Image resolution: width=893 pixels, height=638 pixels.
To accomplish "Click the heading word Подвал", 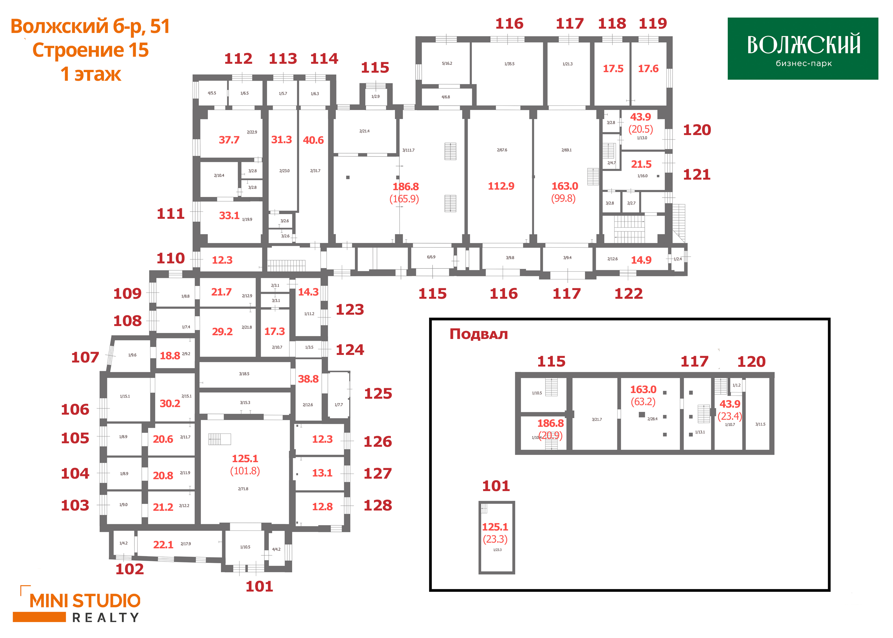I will [478, 334].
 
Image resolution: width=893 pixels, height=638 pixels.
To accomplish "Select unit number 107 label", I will [85, 358].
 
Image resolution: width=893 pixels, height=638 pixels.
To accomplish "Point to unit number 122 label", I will [628, 294].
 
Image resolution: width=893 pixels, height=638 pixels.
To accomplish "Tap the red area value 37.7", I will [229, 140].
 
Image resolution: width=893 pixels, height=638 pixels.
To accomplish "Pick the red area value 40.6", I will [313, 140].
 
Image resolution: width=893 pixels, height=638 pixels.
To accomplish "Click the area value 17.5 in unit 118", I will [613, 69].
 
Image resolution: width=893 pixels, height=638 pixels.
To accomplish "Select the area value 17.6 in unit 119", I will [648, 69].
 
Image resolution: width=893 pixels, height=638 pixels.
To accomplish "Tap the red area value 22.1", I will [163, 545].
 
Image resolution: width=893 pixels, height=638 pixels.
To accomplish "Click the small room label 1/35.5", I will [509, 64].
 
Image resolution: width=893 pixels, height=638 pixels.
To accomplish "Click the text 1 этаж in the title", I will [91, 74].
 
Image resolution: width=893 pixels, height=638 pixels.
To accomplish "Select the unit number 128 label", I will [378, 506].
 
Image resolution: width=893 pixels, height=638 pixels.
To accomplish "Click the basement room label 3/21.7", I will [597, 419].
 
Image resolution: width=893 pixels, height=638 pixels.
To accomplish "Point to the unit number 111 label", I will [170, 214].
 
